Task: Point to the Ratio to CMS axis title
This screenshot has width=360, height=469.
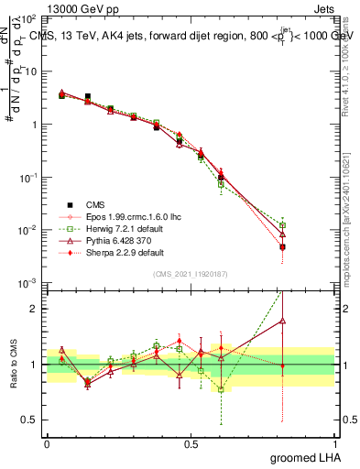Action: click(x=13, y=363)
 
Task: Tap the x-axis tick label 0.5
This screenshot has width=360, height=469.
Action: click(x=191, y=443)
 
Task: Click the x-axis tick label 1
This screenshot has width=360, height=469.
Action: click(x=333, y=443)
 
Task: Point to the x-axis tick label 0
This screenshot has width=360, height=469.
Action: click(x=47, y=443)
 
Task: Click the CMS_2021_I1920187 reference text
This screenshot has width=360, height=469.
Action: click(x=191, y=274)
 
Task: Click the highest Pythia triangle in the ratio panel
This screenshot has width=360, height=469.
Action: click(x=283, y=321)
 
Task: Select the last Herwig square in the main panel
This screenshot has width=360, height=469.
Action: click(x=283, y=225)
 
